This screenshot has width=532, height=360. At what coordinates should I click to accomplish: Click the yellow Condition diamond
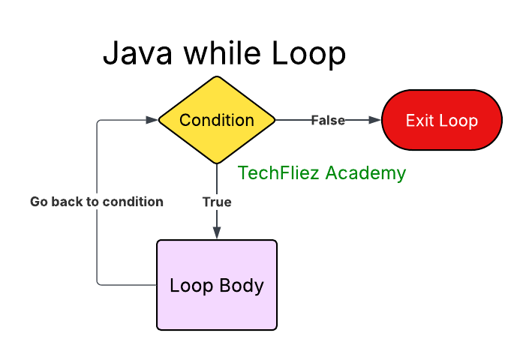tap(217, 120)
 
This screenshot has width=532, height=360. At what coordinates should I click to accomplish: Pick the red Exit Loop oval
tap(442, 120)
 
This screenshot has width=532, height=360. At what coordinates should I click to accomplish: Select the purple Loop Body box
tap(217, 285)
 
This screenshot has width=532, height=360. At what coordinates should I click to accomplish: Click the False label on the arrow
tap(328, 120)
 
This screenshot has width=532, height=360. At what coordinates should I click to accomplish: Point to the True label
tap(217, 202)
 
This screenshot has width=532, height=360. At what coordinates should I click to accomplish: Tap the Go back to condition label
tap(97, 202)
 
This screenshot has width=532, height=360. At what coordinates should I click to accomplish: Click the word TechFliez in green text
tap(273, 173)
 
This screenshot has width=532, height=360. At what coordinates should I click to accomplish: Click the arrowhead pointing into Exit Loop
tap(376, 120)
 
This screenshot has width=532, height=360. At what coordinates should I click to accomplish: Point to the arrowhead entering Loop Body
tap(217, 234)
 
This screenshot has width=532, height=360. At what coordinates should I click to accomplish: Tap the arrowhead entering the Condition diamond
tap(152, 120)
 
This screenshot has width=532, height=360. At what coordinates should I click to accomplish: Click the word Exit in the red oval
tap(419, 121)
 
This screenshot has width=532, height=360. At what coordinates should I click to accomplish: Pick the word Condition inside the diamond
tap(217, 120)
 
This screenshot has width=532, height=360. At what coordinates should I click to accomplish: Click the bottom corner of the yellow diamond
tap(217, 163)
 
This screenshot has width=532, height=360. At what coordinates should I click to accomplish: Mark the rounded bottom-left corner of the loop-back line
tap(98, 283)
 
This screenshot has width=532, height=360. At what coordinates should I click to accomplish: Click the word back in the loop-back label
tap(65, 202)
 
